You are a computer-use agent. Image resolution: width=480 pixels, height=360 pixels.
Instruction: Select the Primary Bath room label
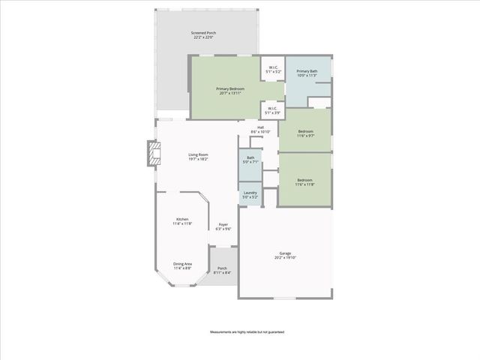coord(307,71)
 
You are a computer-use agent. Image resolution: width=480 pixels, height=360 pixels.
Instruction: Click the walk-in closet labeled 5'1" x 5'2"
coord(272,69)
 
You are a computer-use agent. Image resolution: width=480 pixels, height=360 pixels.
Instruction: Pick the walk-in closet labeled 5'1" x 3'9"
coord(272,110)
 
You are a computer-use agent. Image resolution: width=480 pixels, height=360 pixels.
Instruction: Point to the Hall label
coord(260,127)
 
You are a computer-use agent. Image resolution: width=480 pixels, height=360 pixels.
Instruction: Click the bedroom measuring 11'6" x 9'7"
coord(304,133)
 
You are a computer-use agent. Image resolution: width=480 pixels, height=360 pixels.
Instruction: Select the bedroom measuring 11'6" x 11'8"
coord(304,180)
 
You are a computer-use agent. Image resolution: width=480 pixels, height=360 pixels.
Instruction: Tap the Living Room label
coord(198,155)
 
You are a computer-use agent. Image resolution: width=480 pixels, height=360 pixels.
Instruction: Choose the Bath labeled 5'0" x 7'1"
coord(250,159)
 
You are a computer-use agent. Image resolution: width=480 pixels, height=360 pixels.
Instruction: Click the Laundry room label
coord(250,193)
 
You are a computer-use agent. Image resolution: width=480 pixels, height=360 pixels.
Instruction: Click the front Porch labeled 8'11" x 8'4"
coord(222,270)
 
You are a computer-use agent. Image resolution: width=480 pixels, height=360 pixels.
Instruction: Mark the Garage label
coord(285,253)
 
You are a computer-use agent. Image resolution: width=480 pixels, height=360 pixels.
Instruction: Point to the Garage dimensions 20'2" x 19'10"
coord(285,258)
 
